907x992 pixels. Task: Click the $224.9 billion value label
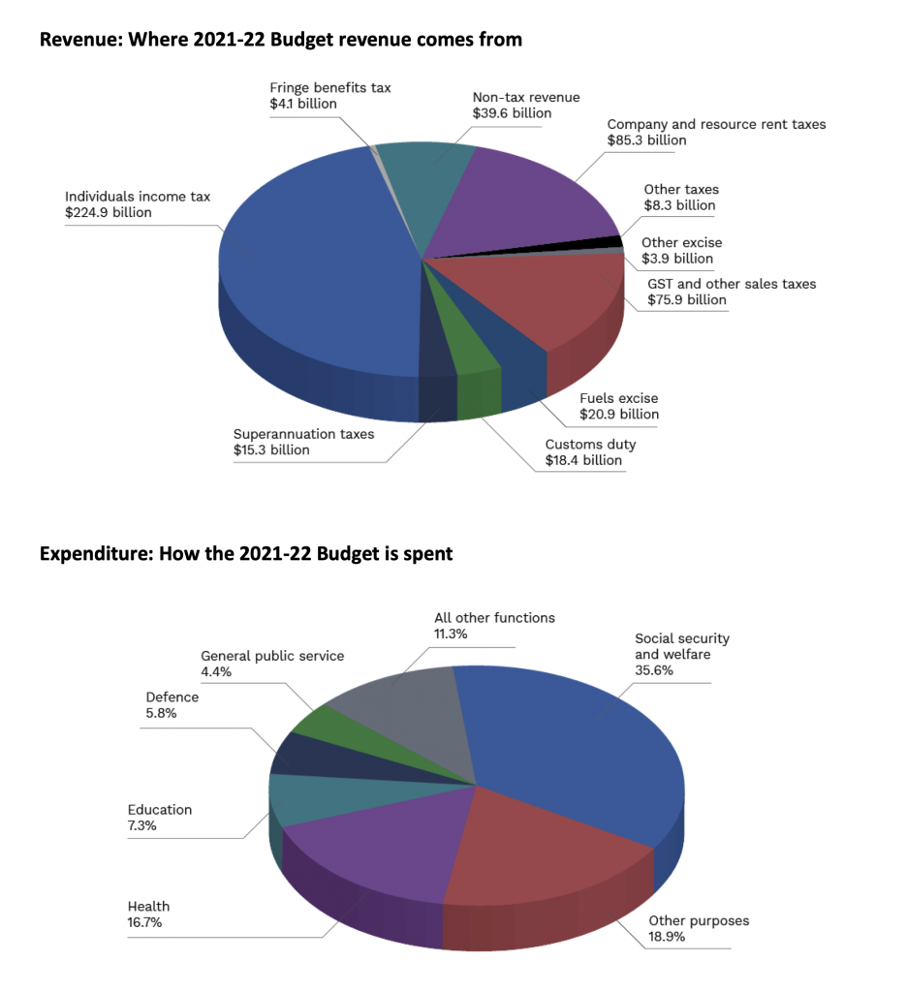click(x=109, y=212)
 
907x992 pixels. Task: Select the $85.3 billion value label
click(x=646, y=140)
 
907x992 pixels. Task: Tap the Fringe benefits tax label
click(x=330, y=87)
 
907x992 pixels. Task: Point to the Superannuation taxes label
click(x=302, y=434)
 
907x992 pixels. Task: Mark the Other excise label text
click(x=682, y=242)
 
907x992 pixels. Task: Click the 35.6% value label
click(x=656, y=670)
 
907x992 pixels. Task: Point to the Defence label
click(x=172, y=697)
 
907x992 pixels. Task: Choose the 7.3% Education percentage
click(x=141, y=826)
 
